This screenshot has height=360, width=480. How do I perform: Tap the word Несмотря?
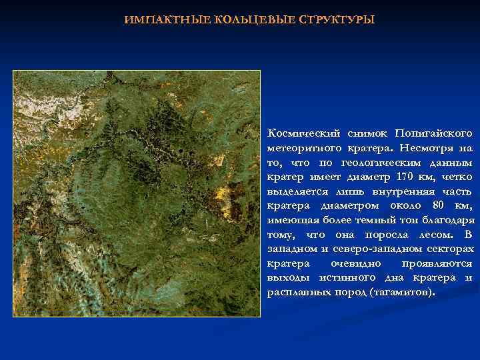click(428, 148)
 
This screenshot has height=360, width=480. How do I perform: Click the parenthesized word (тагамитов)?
click(401, 293)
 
